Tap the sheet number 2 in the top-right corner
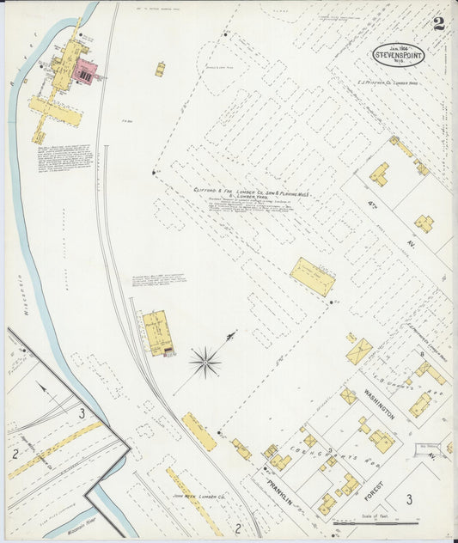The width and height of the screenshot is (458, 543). click(438, 23)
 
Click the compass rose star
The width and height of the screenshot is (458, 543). click(205, 362)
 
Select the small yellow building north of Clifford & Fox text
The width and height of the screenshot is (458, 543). click(160, 69)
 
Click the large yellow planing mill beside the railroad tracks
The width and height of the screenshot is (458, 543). click(156, 333)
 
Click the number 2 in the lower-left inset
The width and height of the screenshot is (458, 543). click(15, 453)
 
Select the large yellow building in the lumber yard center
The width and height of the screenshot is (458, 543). click(311, 276)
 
